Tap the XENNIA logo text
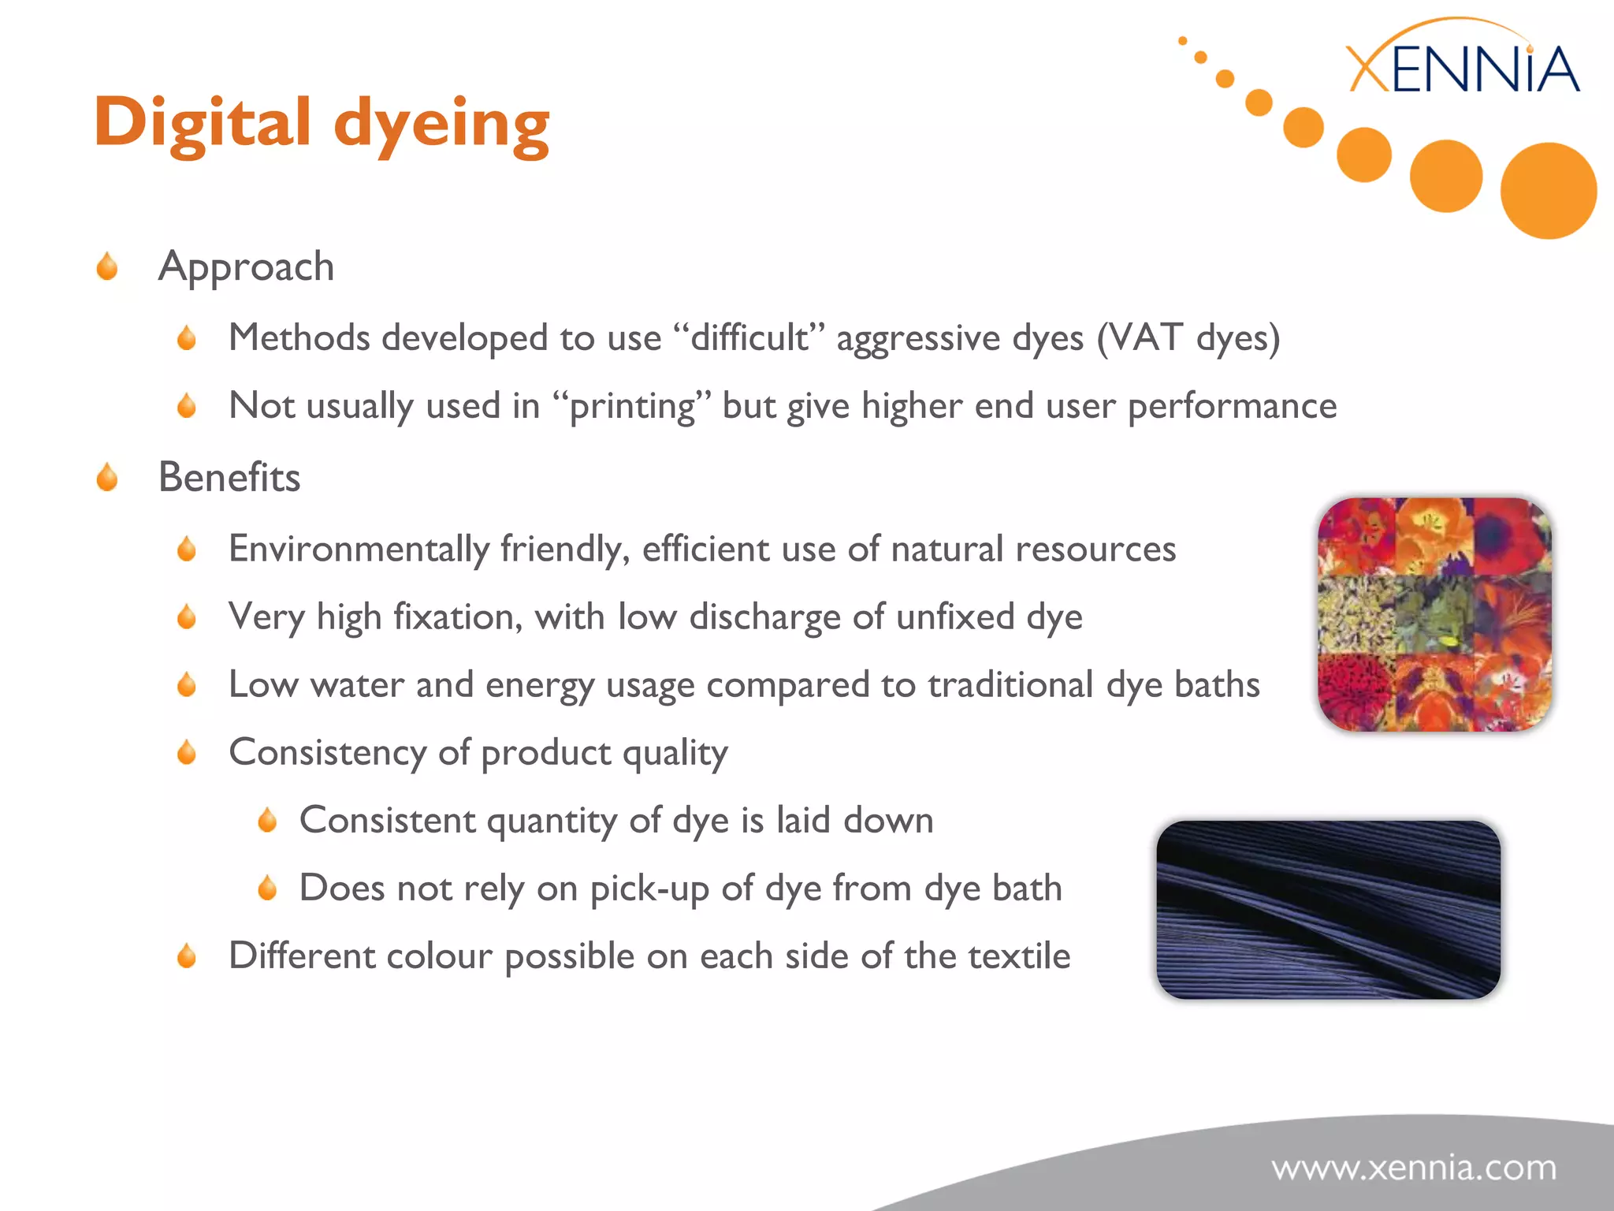[x=1463, y=69]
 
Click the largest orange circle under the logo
[x=1548, y=191]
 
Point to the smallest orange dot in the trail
[x=1182, y=40]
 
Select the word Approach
[x=246, y=266]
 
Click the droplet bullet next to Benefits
[x=107, y=477]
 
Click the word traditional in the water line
[x=1010, y=684]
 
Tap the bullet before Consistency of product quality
[x=187, y=752]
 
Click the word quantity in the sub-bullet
[x=552, y=821]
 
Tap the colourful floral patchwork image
[x=1434, y=614]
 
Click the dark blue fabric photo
[x=1328, y=910]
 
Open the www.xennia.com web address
[x=1414, y=1168]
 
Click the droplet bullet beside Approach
[x=107, y=266]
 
